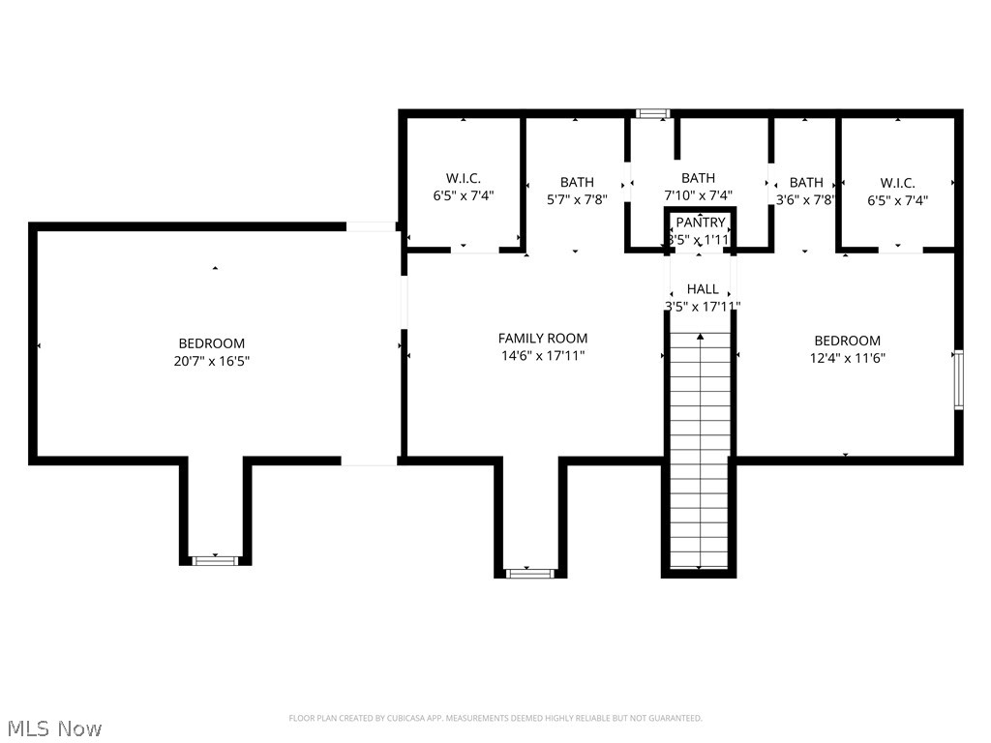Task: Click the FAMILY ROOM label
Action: [542, 339]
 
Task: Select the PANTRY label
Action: [701, 223]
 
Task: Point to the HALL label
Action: [703, 289]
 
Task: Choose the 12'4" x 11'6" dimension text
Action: [847, 358]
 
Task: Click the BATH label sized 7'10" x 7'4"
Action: [698, 178]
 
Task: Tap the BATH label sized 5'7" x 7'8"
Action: [577, 182]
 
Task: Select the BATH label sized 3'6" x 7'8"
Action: [806, 182]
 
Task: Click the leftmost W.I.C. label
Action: [464, 179]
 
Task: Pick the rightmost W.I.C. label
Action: [897, 182]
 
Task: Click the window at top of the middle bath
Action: [652, 114]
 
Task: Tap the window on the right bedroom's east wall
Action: [958, 379]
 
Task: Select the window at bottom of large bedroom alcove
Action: [215, 560]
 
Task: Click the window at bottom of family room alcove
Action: [529, 573]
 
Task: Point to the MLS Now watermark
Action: [53, 728]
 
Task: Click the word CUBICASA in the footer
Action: [397, 718]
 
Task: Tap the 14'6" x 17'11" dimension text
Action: [542, 356]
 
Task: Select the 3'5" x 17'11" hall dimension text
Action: [703, 307]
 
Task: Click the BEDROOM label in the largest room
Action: [211, 343]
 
